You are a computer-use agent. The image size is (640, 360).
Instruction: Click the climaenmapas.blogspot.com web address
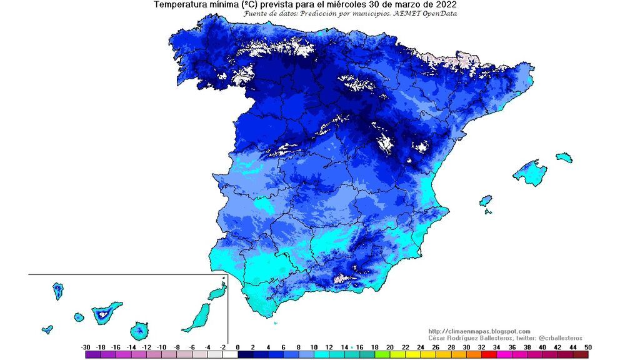(x=479, y=331)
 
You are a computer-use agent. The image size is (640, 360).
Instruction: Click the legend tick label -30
(x=86, y=347)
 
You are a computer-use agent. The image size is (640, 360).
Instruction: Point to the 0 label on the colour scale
(x=238, y=347)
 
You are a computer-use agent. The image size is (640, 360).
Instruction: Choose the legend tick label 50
(x=587, y=347)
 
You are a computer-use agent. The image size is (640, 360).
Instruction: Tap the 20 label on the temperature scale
(x=390, y=347)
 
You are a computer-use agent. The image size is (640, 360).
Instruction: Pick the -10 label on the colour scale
(x=162, y=347)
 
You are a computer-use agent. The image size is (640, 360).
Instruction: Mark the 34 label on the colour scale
(x=496, y=347)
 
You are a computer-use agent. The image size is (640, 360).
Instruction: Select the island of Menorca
(x=564, y=157)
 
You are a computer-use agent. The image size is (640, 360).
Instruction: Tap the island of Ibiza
(x=486, y=201)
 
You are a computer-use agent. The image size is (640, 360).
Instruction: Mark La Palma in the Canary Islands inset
(x=57, y=291)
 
